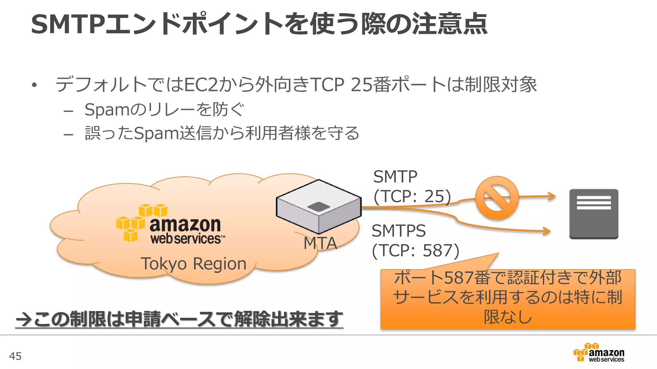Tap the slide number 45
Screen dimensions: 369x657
(15, 356)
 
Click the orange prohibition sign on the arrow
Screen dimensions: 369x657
(497, 198)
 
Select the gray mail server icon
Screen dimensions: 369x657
(593, 214)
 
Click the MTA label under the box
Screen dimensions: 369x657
(320, 243)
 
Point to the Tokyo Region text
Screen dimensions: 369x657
(193, 264)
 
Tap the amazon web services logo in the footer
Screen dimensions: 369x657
(599, 352)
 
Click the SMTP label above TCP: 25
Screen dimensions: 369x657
(395, 176)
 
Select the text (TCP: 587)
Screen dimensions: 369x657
(415, 250)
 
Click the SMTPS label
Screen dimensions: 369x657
(398, 231)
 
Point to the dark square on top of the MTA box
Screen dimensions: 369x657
(319, 207)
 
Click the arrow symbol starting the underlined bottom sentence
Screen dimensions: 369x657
(24, 319)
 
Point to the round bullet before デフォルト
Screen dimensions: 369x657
(34, 85)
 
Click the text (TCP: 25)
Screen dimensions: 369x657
(412, 196)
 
